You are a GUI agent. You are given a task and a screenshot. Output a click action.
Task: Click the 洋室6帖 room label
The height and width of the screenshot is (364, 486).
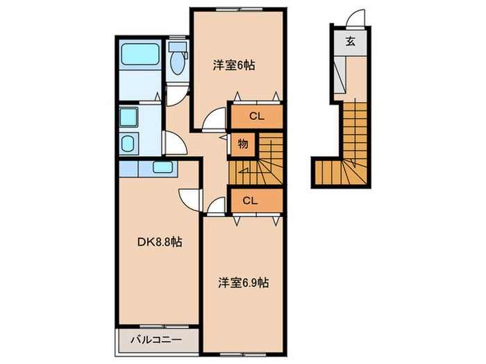pyautogui.click(x=233, y=66)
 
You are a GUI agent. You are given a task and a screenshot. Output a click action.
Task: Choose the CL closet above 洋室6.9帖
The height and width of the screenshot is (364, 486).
pyautogui.click(x=251, y=200)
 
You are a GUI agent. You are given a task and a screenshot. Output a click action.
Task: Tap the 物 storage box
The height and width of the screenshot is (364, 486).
pyautogui.click(x=243, y=144)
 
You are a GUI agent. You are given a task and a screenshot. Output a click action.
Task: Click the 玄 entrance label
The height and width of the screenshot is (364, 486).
pyautogui.click(x=351, y=40)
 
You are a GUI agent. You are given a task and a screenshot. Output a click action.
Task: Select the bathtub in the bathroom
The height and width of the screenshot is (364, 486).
pyautogui.click(x=140, y=58)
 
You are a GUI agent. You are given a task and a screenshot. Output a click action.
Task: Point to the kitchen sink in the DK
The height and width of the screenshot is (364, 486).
pyautogui.click(x=164, y=167)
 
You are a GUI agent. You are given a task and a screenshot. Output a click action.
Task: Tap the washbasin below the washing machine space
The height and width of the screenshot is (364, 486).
pyautogui.click(x=129, y=144)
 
